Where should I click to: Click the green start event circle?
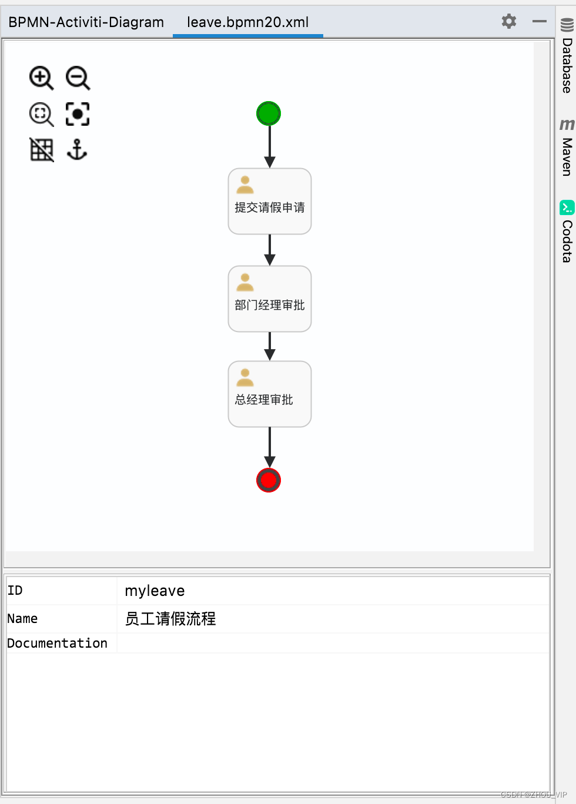(269, 113)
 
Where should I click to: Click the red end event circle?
(269, 480)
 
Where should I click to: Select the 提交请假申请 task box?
(270, 202)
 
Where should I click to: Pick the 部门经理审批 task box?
(270, 299)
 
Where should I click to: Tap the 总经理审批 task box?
(270, 394)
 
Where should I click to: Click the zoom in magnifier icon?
(41, 78)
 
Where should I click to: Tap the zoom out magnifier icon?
(78, 78)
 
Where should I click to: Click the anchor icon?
(77, 150)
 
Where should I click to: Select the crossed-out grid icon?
(41, 150)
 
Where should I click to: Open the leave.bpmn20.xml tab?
(247, 22)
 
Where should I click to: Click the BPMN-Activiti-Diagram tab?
(86, 22)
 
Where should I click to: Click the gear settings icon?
(509, 22)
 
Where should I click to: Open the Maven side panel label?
(567, 156)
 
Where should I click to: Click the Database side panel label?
(567, 65)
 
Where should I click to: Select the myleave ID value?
(155, 591)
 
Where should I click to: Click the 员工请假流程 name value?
(170, 619)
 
